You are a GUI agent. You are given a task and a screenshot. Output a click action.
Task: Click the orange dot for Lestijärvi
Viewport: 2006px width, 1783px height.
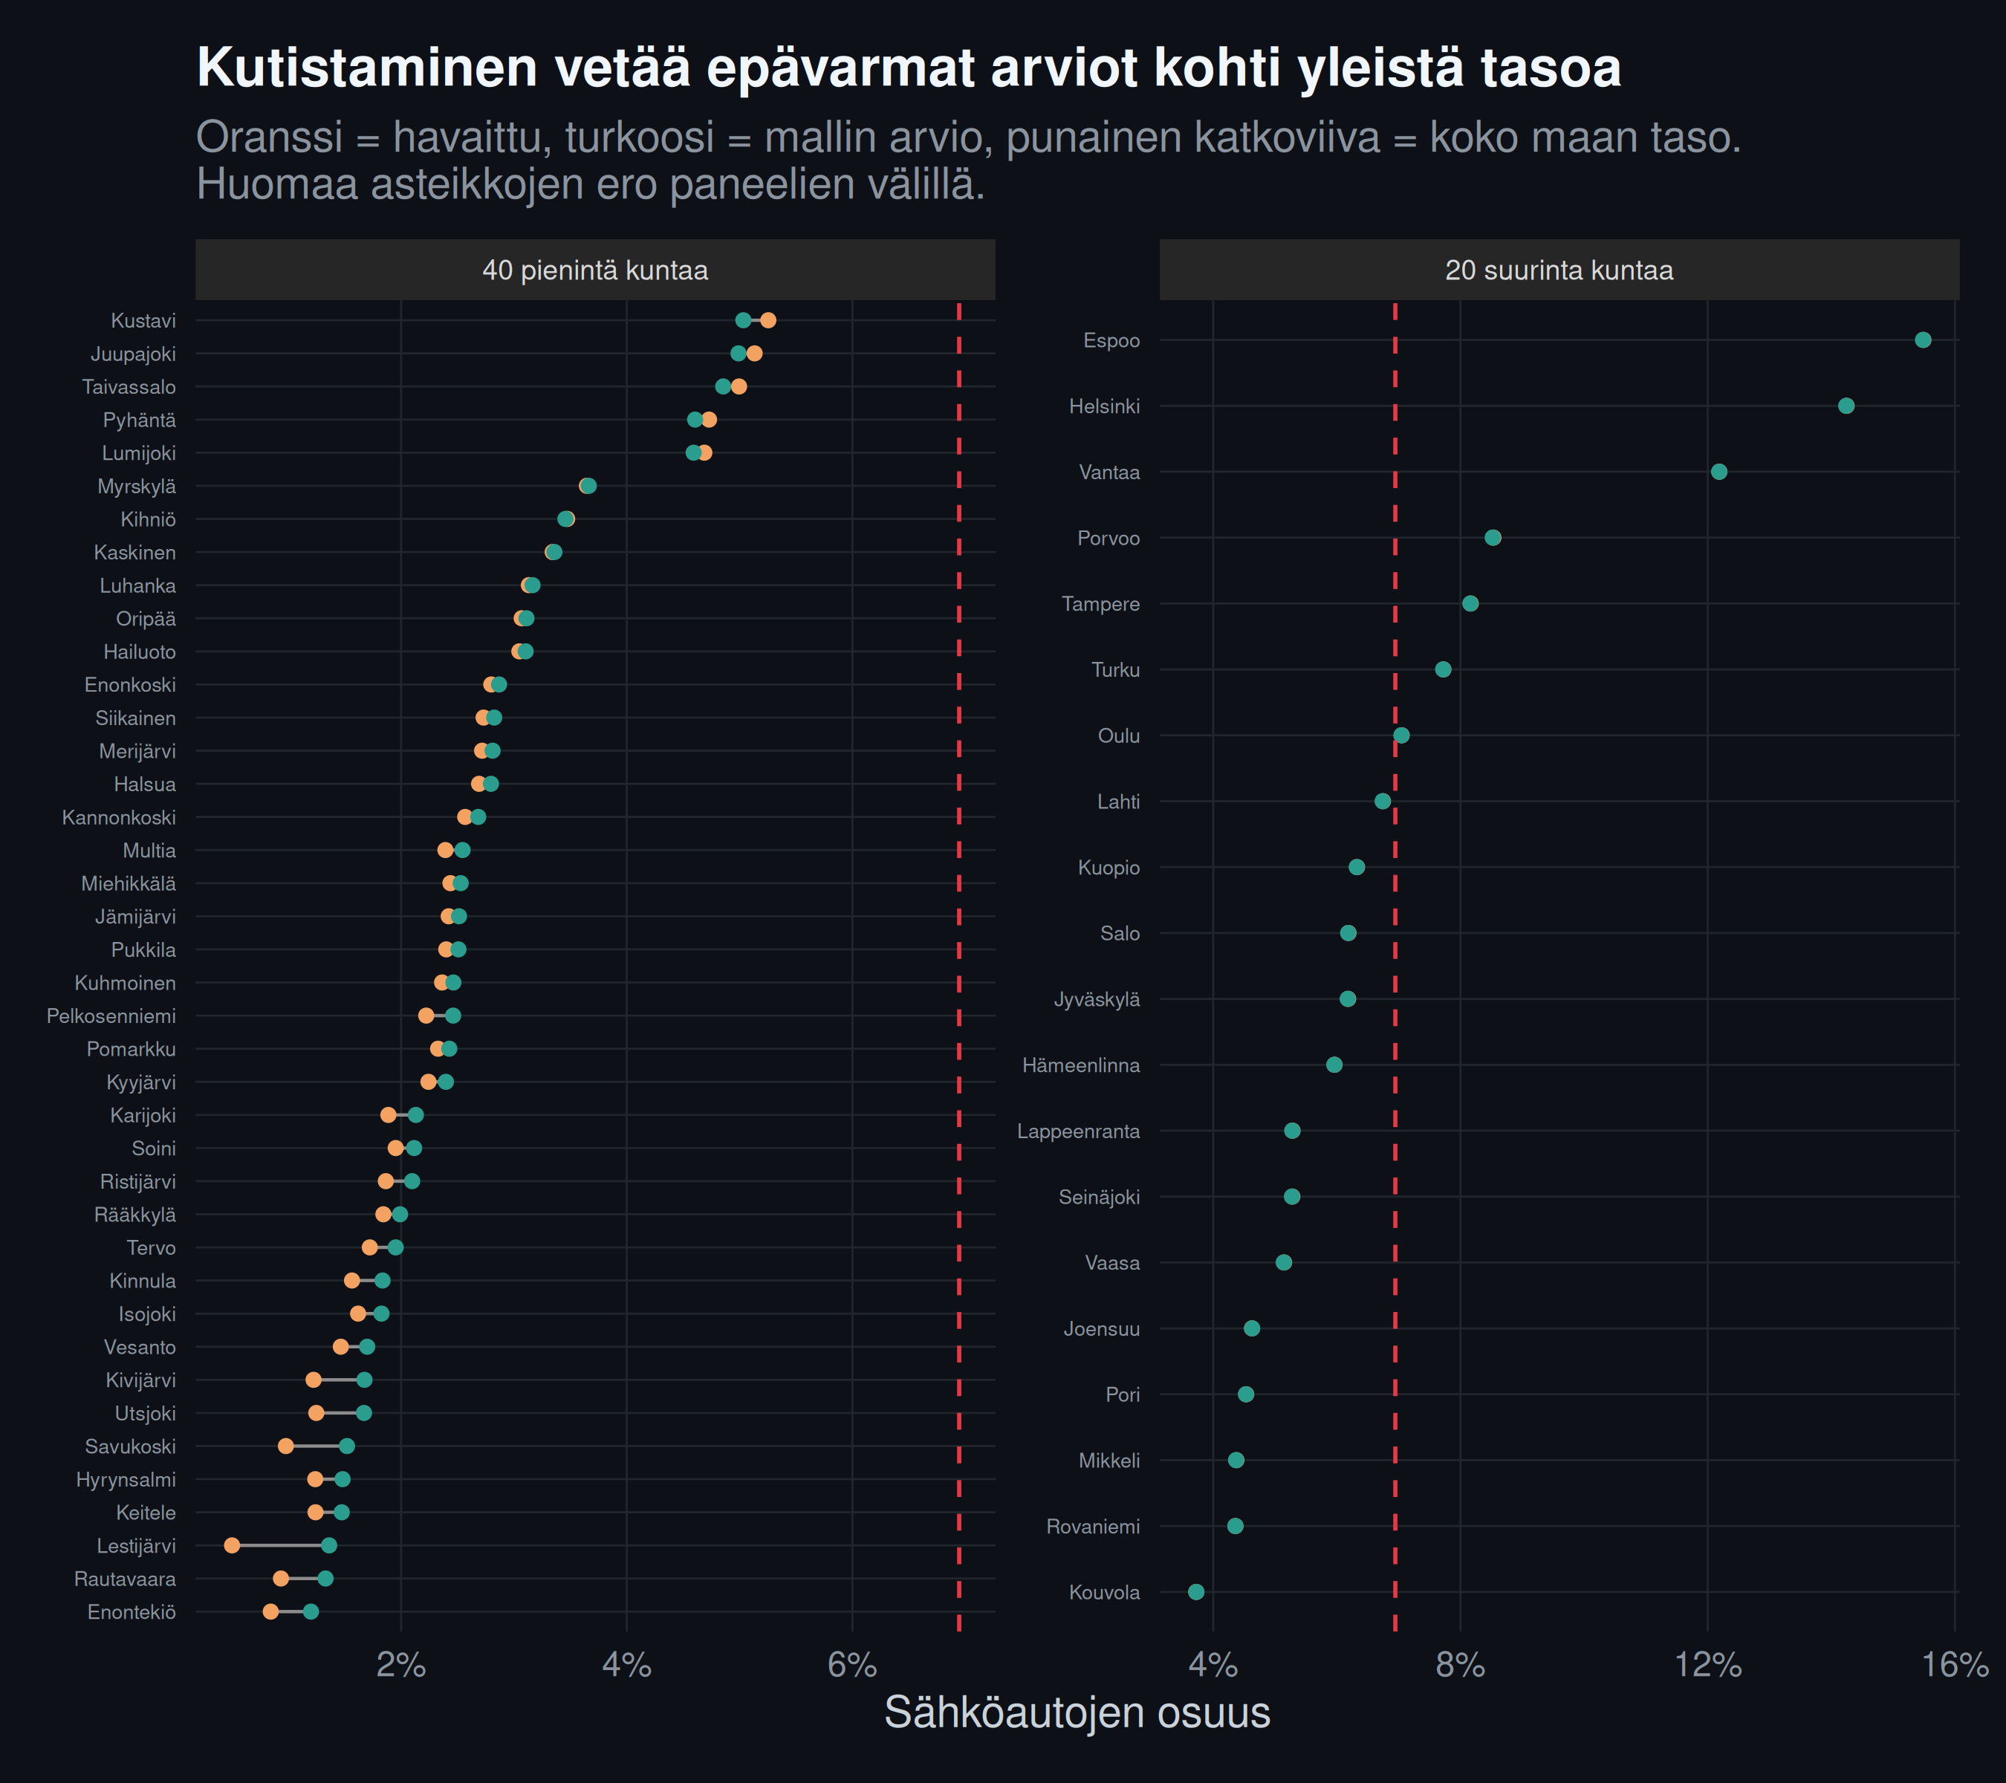coord(232,1545)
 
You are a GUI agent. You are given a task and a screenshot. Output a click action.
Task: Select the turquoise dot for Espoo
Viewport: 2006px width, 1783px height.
coord(1923,340)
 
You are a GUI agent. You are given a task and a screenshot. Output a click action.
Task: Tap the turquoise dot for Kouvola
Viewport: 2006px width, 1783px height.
coord(1195,1591)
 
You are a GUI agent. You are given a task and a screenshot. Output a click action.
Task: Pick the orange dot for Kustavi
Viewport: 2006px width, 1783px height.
coord(767,320)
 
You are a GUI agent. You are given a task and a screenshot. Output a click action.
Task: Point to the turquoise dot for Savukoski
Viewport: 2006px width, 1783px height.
coord(346,1446)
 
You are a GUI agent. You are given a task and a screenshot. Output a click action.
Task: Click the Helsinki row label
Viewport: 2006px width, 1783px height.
coord(1104,406)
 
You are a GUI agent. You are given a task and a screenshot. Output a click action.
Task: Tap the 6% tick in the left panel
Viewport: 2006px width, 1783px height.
coord(852,1664)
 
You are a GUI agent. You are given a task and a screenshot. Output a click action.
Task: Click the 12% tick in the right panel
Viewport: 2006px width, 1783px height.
coord(1707,1664)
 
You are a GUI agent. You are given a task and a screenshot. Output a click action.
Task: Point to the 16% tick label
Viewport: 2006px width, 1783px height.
coord(1955,1664)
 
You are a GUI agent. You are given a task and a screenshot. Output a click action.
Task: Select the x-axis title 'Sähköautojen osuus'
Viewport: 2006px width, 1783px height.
coord(1077,1713)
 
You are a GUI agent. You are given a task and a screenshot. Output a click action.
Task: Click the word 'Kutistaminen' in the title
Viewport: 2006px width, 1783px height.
coord(367,68)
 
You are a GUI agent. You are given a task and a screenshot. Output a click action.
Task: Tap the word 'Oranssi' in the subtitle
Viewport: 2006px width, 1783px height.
coord(270,137)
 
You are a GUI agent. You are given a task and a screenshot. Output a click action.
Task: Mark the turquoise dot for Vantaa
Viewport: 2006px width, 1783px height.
coord(1718,472)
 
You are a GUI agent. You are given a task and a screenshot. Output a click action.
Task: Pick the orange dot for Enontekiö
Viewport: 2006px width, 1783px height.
coord(271,1611)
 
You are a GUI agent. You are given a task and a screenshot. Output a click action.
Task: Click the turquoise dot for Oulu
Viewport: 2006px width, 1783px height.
coord(1401,735)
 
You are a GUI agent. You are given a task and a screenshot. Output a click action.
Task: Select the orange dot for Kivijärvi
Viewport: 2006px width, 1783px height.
coord(313,1380)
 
